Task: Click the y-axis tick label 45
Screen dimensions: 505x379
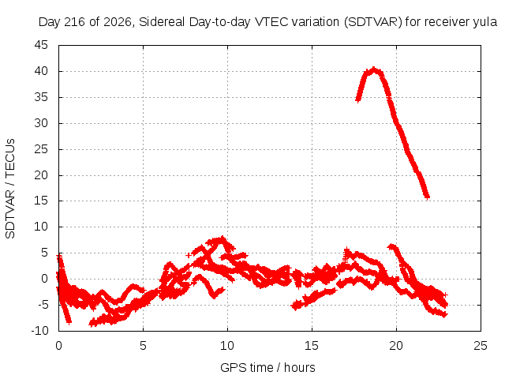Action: pos(41,45)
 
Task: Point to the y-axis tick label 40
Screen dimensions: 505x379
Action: pos(41,71)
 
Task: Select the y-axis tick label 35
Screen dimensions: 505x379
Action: pos(41,97)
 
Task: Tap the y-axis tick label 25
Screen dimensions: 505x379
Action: pos(41,149)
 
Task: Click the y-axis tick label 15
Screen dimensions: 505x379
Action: pos(41,201)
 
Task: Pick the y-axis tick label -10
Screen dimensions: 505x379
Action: pos(39,331)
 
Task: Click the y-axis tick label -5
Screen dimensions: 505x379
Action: pos(43,305)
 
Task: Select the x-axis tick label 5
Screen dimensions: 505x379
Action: pos(143,346)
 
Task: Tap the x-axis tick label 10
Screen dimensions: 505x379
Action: pos(227,346)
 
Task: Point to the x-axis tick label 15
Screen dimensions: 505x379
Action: pos(312,346)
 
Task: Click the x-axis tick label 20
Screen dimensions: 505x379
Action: pos(396,346)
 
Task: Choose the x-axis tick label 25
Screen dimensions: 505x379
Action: pos(481,346)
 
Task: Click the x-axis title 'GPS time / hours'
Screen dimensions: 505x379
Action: pos(267,368)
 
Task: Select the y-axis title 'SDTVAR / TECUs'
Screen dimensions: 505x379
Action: pos(10,189)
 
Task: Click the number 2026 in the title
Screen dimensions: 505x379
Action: pos(118,22)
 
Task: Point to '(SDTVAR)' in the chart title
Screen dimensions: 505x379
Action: pos(373,22)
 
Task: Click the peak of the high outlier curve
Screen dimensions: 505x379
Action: pos(373,69)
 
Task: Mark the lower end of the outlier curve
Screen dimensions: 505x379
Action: pos(427,197)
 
